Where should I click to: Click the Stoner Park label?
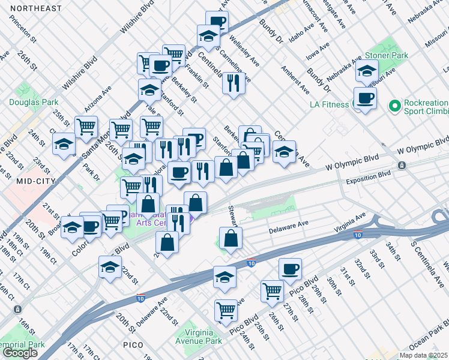tap(387, 55)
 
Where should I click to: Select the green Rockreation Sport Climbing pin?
tap(394, 106)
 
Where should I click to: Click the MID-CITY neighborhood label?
tap(20, 181)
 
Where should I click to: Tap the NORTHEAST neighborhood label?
tap(36, 8)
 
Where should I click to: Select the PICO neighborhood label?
tap(133, 345)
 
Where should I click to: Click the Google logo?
tap(20, 353)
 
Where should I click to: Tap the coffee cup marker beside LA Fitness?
tap(364, 98)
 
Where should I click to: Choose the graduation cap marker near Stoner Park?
tap(366, 72)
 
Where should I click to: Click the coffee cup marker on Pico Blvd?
tap(290, 268)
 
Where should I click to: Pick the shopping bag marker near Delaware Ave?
tap(231, 238)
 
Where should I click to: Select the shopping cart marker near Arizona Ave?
tap(86, 126)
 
